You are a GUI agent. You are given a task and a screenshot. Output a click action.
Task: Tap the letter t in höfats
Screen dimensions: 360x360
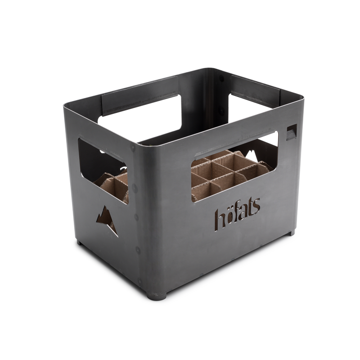[250, 214]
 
